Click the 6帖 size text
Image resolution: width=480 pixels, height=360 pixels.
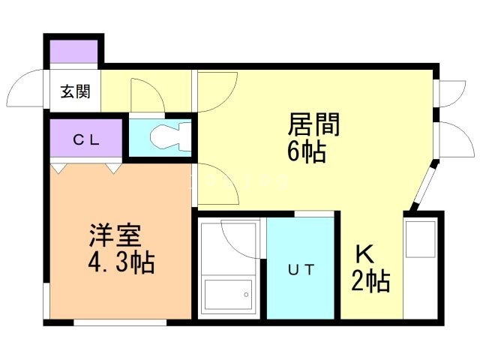306,152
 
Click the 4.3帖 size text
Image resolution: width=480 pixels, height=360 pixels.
120,263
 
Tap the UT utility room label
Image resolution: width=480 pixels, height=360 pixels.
300,268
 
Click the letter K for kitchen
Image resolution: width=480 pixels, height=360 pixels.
364,254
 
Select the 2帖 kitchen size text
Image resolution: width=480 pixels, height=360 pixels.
370,283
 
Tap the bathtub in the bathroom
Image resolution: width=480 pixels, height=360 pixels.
228,297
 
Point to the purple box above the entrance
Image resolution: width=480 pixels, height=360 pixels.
73,52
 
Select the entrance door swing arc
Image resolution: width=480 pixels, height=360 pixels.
27,91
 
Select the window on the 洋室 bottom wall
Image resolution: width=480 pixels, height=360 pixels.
120,322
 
